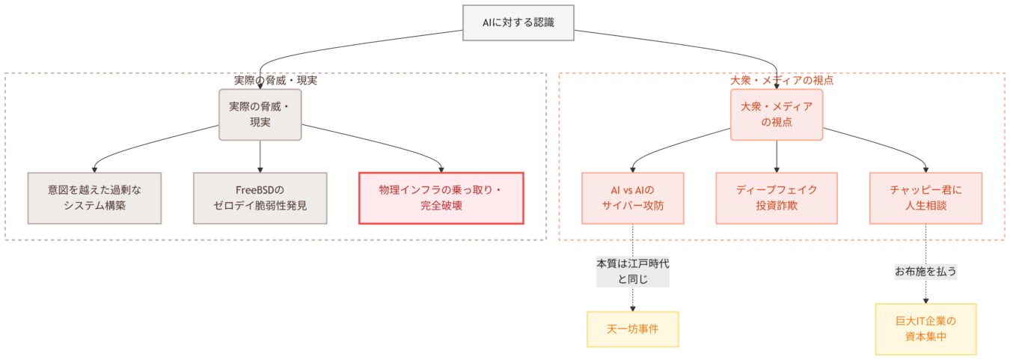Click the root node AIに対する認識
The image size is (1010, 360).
[x=518, y=23]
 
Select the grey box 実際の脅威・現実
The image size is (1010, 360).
[x=260, y=114]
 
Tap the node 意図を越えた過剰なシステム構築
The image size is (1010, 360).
[x=84, y=198]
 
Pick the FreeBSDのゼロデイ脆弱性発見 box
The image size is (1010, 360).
[x=260, y=198]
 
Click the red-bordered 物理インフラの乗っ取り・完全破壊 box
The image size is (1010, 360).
[x=441, y=198]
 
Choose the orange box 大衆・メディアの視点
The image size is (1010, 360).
[x=777, y=114]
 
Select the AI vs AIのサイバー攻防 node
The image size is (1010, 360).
[x=632, y=198]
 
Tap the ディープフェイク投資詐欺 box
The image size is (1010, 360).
[x=777, y=198]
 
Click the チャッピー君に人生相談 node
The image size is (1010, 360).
[x=925, y=198]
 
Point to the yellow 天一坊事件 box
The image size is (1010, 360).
[x=632, y=329]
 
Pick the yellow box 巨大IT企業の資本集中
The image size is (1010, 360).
[x=925, y=329]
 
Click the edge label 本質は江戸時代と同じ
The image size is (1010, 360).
[x=632, y=272]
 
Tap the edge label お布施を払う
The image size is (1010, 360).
[x=925, y=271]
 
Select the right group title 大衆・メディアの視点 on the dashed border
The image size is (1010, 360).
[x=781, y=80]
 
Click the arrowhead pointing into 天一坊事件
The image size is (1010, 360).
[x=632, y=308]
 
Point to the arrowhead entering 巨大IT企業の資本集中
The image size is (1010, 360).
[x=925, y=299]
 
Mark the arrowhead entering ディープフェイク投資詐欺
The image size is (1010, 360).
[x=777, y=168]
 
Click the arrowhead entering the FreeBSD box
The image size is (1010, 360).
[x=260, y=168]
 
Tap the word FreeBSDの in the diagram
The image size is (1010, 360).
[x=260, y=189]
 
